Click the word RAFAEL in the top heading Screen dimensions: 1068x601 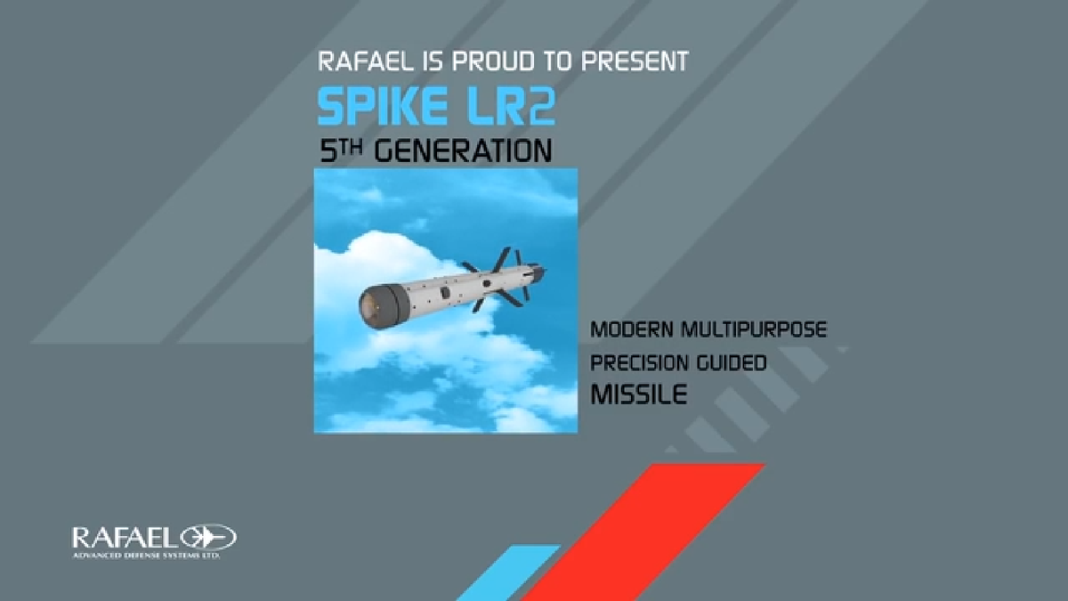tap(366, 61)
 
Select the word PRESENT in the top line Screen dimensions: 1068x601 tap(641, 61)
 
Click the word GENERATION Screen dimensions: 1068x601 tap(463, 150)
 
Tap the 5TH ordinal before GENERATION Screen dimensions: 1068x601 tap(340, 150)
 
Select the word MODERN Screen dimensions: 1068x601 tap(632, 329)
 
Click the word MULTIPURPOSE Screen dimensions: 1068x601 tap(754, 329)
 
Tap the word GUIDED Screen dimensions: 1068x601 tap(732, 363)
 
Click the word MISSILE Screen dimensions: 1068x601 tap(639, 394)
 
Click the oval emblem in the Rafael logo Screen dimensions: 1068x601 tap(208, 538)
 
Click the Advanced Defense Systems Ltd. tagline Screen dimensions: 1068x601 tap(146, 556)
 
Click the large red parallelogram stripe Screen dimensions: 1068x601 tap(643, 532)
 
